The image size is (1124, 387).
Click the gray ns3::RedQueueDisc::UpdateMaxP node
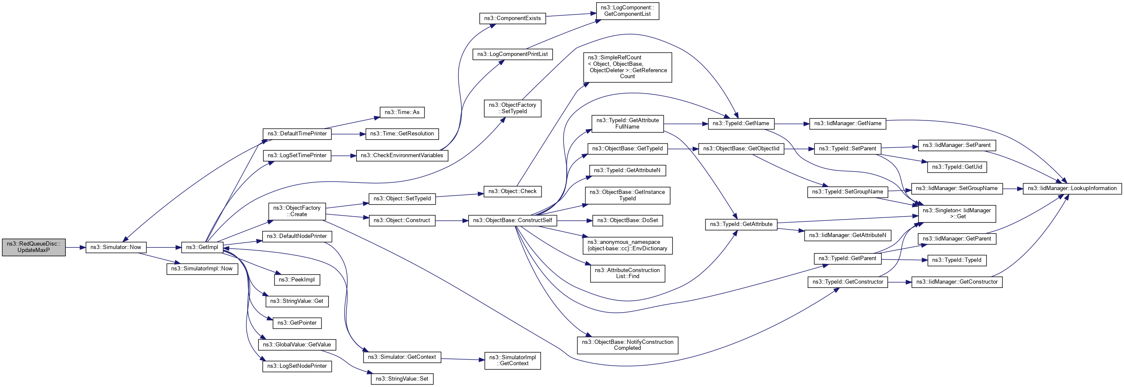[34, 247]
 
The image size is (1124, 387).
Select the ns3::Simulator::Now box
[116, 247]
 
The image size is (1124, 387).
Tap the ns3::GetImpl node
[202, 247]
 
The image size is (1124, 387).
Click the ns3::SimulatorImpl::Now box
[202, 269]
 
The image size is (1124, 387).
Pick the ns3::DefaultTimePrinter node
[297, 134]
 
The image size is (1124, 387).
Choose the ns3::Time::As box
[402, 113]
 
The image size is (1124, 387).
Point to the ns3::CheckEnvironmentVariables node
[402, 155]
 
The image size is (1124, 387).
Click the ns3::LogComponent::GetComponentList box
[627, 11]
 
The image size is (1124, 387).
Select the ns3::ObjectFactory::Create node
[297, 211]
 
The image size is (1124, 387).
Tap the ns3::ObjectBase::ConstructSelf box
[512, 220]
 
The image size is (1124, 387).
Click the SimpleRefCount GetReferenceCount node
[627, 67]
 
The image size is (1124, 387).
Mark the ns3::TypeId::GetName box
[741, 123]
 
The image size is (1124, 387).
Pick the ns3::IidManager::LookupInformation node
[1072, 188]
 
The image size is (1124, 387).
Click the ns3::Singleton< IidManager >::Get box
[957, 213]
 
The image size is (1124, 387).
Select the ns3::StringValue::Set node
[402, 379]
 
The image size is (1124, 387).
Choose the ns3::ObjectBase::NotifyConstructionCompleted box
[627, 345]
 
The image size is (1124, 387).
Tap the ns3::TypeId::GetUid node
[957, 167]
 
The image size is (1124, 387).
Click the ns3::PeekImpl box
[297, 280]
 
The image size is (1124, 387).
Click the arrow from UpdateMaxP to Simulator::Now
[76, 247]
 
